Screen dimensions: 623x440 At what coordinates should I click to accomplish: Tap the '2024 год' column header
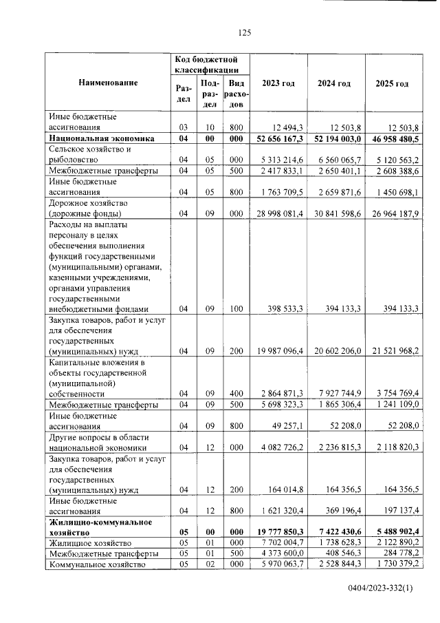334,83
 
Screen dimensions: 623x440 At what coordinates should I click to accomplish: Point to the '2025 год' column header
392,83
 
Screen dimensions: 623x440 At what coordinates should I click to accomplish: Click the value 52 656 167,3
279,139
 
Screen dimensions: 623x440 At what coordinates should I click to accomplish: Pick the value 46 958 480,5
393,139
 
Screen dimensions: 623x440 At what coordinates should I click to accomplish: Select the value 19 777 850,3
279,532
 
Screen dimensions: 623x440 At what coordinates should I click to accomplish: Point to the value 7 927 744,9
335,393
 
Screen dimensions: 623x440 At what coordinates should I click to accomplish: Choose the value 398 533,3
283,309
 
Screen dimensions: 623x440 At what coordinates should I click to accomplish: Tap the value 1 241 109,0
395,404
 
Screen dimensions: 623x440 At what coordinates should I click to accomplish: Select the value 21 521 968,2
393,351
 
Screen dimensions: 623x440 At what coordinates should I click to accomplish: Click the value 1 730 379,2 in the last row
395,565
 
